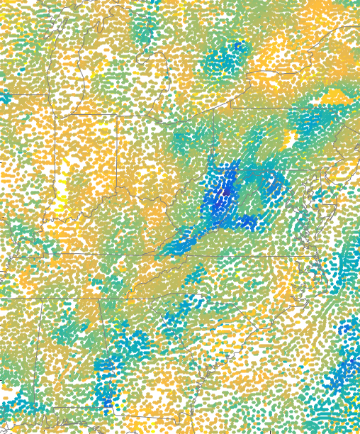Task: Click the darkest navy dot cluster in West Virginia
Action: click(226, 190)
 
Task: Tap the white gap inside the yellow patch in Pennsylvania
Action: click(290, 140)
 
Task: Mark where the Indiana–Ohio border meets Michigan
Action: click(116, 116)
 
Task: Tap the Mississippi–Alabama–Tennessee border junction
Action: click(42, 299)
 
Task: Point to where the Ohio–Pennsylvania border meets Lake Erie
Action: click(230, 106)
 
